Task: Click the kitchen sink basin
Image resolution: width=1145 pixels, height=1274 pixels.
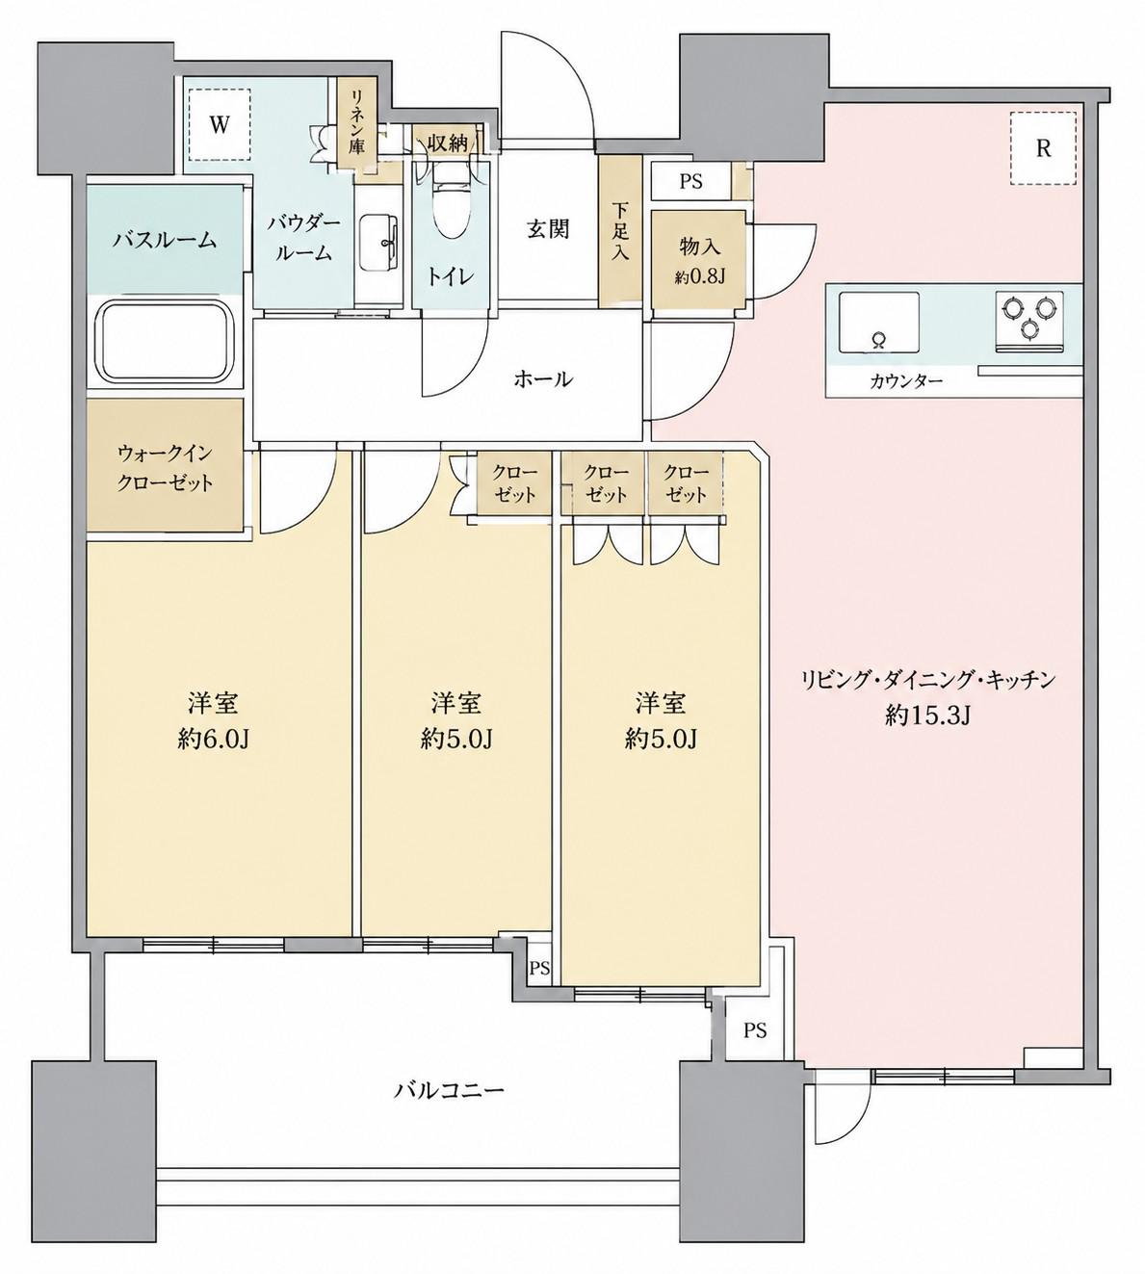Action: (879, 322)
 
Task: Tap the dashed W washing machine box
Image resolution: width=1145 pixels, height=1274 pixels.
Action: (220, 124)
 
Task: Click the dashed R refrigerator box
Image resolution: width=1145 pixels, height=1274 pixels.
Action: (1043, 148)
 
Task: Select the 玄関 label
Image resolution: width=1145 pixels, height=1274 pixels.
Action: (548, 228)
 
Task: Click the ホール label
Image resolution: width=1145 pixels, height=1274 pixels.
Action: (543, 379)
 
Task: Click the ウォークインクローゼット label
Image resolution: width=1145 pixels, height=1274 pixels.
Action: (165, 469)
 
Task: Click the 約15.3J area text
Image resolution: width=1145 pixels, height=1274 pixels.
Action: (927, 716)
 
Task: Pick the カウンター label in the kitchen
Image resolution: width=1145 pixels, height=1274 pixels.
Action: (906, 381)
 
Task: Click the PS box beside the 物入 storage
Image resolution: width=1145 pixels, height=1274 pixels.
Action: (691, 182)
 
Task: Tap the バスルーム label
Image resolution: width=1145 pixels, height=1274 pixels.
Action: (166, 240)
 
